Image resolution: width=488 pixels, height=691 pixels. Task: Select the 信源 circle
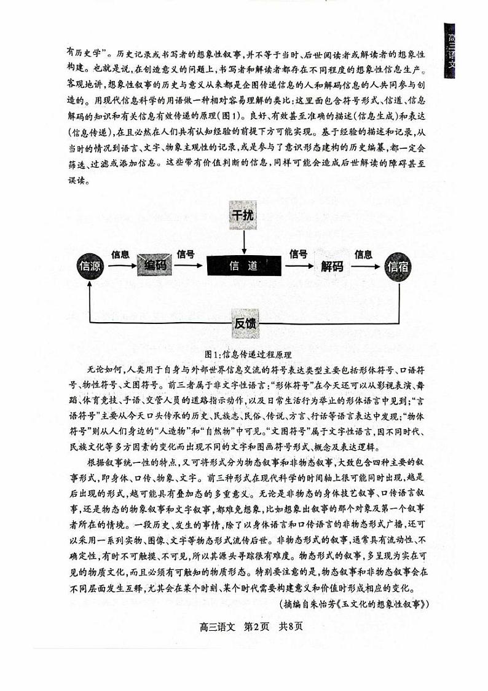(x=90, y=266)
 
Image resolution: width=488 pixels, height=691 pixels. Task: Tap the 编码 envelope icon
(x=154, y=266)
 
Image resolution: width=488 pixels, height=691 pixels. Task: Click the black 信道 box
(x=243, y=266)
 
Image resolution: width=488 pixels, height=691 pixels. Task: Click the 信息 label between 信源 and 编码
(x=120, y=254)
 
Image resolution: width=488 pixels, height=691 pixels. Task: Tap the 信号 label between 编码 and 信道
(x=186, y=254)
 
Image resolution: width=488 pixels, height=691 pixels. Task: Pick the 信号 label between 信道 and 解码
(x=299, y=254)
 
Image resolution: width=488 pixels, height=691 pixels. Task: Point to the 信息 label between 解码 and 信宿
(x=363, y=254)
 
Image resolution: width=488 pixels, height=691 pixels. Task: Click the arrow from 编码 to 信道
(x=187, y=266)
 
